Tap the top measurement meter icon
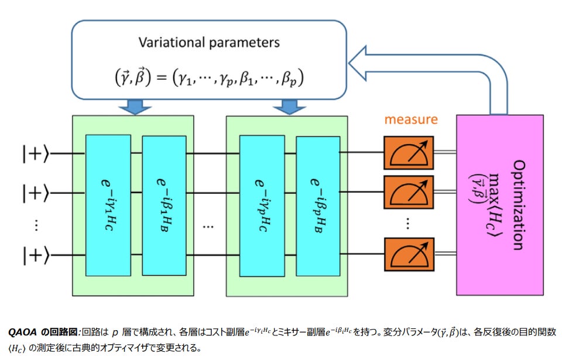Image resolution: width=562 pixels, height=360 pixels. pos(409,153)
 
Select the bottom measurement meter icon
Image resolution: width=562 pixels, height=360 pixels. pos(409,255)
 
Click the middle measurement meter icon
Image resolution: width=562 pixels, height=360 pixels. pos(409,190)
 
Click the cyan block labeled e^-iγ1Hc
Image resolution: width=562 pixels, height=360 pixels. pos(108,205)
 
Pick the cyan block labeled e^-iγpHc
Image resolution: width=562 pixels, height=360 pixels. pos(262,205)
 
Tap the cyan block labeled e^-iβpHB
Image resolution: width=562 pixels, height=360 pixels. pos(318,205)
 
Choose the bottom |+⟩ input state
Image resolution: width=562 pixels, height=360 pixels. pos(35,255)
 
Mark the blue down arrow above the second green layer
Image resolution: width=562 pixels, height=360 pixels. pos(286,107)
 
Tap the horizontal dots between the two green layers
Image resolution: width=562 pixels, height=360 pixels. pos(208,225)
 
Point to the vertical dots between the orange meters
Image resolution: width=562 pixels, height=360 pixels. pos(409,223)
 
